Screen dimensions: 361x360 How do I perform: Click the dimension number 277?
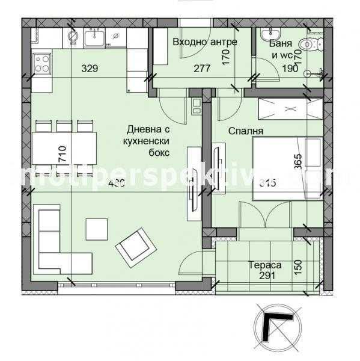(202, 69)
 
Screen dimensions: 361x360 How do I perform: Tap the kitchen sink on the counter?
(95, 38)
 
